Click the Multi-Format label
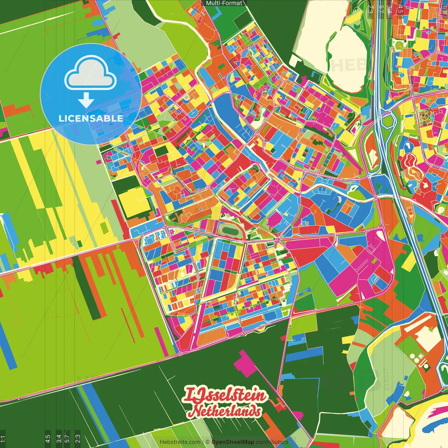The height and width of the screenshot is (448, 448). coord(224,3)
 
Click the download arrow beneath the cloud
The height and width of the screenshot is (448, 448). coord(86,100)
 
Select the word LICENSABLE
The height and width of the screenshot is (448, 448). coord(91,118)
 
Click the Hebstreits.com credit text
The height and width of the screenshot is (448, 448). coord(180,442)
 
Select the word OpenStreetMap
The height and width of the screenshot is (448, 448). coord(233,442)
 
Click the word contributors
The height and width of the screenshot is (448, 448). coord(272,442)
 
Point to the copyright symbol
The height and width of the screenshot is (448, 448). coord(208,442)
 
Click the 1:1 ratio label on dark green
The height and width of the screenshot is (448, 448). coord(3,439)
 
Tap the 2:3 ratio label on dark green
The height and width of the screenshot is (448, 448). coord(78,439)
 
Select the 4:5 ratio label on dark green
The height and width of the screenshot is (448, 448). coord(48,439)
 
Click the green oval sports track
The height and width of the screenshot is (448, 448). coord(230,231)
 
